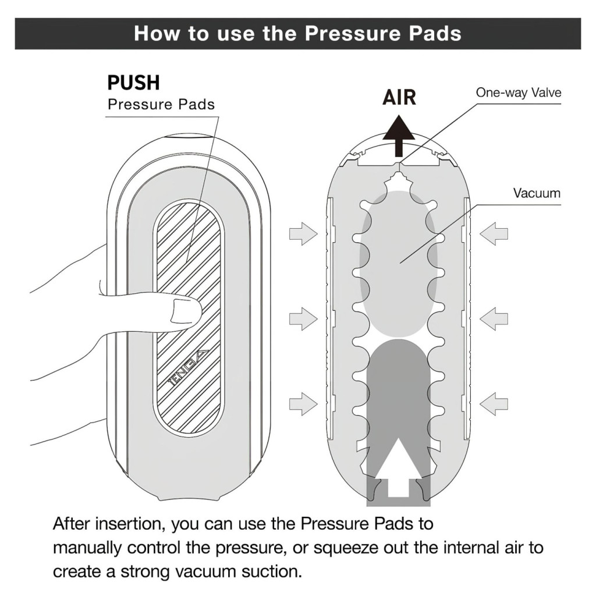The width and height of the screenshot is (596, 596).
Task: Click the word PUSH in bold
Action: coord(133,83)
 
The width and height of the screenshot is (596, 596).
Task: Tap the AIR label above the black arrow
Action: coord(399,97)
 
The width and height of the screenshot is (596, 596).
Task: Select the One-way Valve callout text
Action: coord(519,92)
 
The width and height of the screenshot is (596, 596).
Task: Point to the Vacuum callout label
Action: coord(537,193)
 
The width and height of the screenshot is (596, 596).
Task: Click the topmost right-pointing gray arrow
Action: coord(303,235)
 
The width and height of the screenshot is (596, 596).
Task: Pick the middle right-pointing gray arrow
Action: coord(303,318)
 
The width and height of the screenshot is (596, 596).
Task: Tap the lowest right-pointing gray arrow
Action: coord(303,403)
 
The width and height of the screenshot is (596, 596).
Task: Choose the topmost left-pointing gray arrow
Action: coord(494,235)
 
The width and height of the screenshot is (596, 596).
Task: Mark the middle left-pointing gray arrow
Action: coord(494,318)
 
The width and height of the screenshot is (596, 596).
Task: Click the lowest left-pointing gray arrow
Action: coord(494,403)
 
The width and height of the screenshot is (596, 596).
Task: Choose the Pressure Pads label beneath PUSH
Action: coord(161,105)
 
